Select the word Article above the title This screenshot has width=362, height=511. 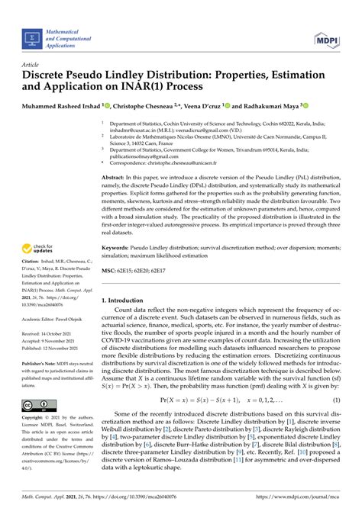pyautogui.click(x=32, y=66)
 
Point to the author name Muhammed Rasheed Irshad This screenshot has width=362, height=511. pyautogui.click(x=60, y=107)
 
